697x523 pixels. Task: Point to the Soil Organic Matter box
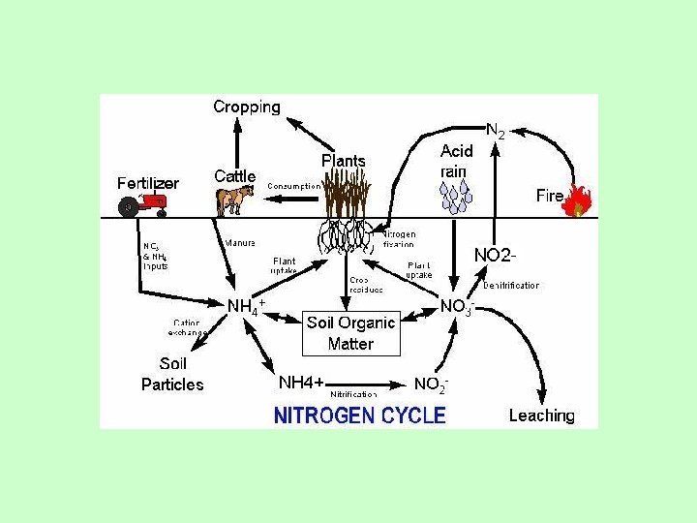(x=350, y=333)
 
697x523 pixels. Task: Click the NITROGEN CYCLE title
(x=360, y=415)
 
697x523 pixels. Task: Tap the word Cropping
(x=246, y=107)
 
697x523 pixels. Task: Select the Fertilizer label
(x=148, y=182)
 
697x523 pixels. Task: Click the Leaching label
(x=541, y=415)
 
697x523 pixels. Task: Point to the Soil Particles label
(x=172, y=374)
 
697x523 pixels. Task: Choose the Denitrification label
(x=511, y=286)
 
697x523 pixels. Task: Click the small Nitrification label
(x=353, y=395)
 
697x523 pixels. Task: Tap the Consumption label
(x=294, y=185)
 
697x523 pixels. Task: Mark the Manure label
(x=240, y=242)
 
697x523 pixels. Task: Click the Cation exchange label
(x=188, y=327)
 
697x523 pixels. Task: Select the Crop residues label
(x=366, y=284)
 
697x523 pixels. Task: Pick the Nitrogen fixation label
(x=399, y=238)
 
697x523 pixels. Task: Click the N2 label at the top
(x=495, y=129)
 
